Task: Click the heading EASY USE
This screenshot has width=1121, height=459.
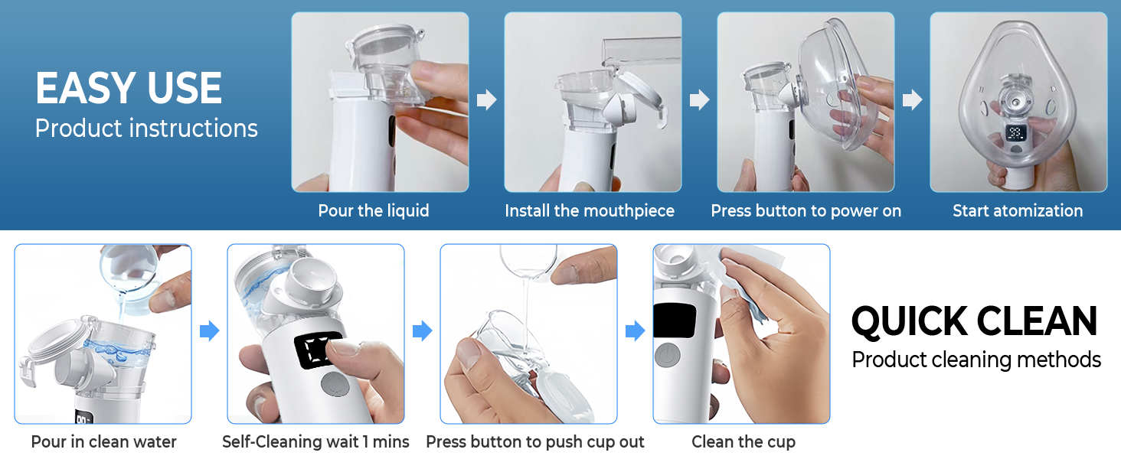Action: click(129, 88)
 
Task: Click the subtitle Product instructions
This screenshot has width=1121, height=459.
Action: click(146, 129)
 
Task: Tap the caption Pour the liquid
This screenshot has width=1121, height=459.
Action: click(374, 210)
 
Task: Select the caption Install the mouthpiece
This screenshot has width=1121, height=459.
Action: click(590, 210)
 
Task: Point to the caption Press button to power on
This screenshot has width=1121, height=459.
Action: click(806, 210)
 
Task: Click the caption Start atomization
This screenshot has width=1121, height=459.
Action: click(1018, 210)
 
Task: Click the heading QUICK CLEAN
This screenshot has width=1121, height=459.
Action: click(975, 321)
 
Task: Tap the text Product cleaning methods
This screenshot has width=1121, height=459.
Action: click(976, 360)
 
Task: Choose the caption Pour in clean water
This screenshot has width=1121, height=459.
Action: click(103, 441)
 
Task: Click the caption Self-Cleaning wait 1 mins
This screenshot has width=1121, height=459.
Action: click(315, 441)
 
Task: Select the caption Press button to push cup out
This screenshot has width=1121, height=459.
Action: click(535, 441)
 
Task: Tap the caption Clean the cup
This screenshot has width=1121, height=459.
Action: click(744, 441)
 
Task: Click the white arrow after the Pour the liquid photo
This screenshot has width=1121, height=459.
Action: click(486, 99)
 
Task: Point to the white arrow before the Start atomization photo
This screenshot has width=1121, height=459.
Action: click(912, 99)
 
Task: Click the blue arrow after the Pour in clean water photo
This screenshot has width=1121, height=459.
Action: click(210, 330)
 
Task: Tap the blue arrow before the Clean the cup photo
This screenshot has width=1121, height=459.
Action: click(636, 330)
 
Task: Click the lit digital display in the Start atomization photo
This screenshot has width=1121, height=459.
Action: click(1016, 133)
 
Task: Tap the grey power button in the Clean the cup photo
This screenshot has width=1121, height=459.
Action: click(668, 355)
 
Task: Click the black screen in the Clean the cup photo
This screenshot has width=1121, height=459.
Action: click(675, 321)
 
